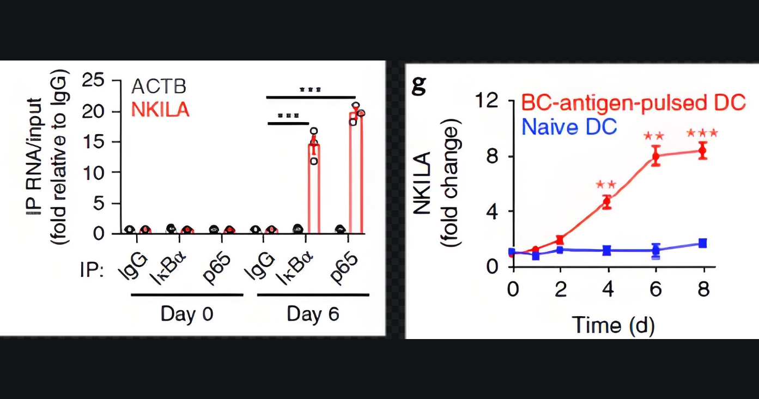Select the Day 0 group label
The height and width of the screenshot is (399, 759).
pyautogui.click(x=186, y=315)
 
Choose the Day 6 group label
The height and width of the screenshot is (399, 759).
pyautogui.click(x=313, y=315)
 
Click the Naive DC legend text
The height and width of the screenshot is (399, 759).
pyautogui.click(x=569, y=127)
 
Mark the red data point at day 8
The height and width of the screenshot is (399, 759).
pyautogui.click(x=703, y=150)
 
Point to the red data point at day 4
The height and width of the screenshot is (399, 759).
pyautogui.click(x=607, y=202)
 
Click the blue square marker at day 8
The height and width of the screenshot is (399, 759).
pyautogui.click(x=703, y=243)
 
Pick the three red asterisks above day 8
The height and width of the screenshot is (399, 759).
pyautogui.click(x=702, y=134)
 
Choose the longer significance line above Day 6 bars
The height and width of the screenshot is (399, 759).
pyautogui.click(x=311, y=98)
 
